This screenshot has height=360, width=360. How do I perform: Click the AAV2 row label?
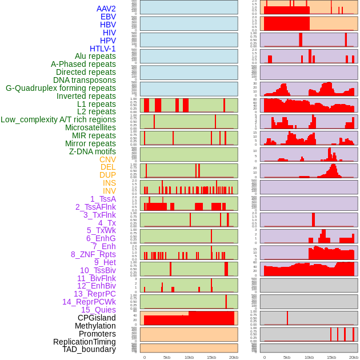click(106, 9)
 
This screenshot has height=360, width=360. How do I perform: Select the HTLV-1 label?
click(103, 49)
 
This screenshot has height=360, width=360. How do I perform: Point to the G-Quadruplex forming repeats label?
click(61, 88)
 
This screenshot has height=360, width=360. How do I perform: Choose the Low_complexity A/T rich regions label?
click(58, 119)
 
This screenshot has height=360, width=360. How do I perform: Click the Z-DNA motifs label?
click(93, 151)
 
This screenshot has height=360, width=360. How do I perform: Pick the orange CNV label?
click(107, 159)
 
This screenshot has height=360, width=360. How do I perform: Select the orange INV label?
click(109, 191)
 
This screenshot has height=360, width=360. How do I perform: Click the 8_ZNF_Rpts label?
click(93, 254)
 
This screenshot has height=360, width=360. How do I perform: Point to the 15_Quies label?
click(98, 310)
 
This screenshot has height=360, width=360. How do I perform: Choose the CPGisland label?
click(97, 318)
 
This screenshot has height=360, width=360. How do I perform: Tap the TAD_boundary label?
click(89, 349)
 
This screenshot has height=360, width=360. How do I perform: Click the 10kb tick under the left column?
click(189, 357)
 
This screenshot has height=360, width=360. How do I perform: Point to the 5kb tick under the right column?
click(286, 357)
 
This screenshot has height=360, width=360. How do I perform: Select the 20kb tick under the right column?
click(354, 357)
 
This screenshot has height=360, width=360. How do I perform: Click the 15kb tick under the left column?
click(211, 357)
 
